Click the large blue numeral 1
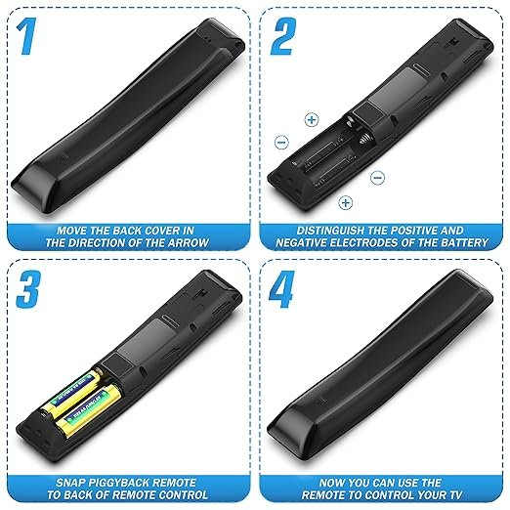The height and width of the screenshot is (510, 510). click(26, 36)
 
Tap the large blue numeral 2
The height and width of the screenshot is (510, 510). click(283, 36)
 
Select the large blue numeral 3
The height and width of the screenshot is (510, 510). click(28, 289)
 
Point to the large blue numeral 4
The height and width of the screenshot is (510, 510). click(282, 289)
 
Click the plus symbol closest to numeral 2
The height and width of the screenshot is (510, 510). click(312, 120)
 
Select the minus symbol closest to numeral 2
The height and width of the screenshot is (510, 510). click(282, 142)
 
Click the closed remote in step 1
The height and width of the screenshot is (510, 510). click(127, 117)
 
